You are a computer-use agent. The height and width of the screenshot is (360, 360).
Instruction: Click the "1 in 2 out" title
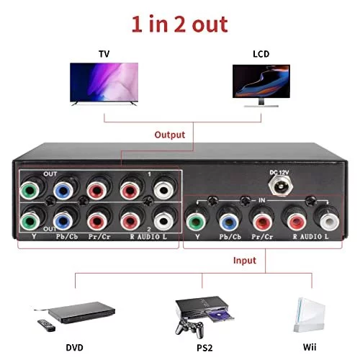coord(179,24)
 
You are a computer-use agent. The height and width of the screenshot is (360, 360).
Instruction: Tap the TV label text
coord(104,54)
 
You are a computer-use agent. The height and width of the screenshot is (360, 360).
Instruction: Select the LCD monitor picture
coord(261,86)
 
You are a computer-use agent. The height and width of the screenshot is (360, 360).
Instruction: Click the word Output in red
coord(170,135)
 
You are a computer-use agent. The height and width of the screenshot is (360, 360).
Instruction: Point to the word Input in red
coord(245,261)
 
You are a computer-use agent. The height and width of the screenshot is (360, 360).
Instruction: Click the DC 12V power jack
coord(279,186)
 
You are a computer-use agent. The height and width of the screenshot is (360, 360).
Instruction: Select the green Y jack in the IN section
coord(196,222)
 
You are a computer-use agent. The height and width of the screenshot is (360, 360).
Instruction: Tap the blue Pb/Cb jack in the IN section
coord(229,222)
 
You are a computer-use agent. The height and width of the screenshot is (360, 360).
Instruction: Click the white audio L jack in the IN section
coord(330,221)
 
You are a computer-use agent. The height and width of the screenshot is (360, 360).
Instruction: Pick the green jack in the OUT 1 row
coord(30,191)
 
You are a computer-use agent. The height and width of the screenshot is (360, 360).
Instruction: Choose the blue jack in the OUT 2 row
coord(63,221)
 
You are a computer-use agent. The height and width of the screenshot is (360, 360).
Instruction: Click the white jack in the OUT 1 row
coord(163,190)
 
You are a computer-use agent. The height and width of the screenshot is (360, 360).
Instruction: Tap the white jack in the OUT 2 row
coord(163,221)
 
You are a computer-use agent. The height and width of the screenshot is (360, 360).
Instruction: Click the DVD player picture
coord(81,312)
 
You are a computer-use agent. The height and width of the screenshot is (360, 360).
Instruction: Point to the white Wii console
coord(310,315)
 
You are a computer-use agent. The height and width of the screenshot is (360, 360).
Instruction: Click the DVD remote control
coord(46,325)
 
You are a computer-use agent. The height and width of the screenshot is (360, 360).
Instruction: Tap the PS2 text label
coord(204,348)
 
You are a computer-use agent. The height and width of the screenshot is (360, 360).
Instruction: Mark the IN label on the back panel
coord(262,200)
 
